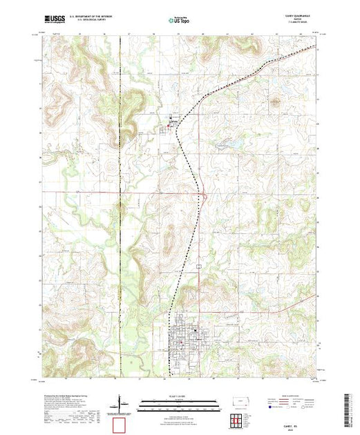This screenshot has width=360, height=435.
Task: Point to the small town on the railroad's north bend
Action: tap(168, 125)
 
